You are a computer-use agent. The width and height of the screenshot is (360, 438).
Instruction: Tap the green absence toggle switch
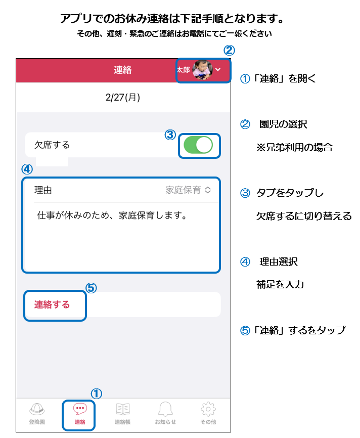(x=198, y=145)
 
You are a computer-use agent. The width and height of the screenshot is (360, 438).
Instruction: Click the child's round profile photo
(x=202, y=70)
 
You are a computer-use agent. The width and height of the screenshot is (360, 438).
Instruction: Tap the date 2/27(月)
(x=122, y=97)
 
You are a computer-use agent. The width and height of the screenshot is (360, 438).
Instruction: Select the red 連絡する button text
(x=52, y=304)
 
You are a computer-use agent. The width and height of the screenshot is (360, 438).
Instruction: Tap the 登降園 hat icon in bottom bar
(x=37, y=409)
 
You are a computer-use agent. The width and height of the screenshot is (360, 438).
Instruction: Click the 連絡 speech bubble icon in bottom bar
(x=80, y=408)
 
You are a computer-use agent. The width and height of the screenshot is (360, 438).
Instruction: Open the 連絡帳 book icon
(x=122, y=409)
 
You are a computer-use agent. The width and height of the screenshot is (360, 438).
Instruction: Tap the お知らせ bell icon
(x=165, y=409)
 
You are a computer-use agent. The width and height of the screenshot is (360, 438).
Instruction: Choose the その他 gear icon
(x=208, y=409)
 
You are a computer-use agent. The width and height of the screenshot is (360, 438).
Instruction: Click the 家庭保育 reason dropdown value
(x=183, y=190)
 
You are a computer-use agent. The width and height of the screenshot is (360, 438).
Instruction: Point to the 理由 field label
(x=43, y=190)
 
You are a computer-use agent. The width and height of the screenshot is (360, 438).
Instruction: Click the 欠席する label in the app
(x=52, y=145)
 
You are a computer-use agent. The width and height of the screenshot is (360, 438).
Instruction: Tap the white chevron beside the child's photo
(x=218, y=70)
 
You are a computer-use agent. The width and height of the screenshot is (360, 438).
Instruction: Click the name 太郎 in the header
(x=184, y=70)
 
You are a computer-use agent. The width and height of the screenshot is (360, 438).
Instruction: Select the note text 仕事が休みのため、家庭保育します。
(x=112, y=215)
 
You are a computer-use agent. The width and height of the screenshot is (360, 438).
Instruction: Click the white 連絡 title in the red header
(x=122, y=70)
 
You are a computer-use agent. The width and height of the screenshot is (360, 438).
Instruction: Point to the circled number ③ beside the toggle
(x=170, y=135)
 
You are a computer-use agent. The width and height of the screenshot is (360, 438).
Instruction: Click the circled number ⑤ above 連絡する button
(x=91, y=288)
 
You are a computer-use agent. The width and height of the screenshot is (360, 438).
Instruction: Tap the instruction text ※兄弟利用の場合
(x=294, y=147)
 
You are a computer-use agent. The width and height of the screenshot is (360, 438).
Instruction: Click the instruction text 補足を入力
(x=280, y=284)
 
